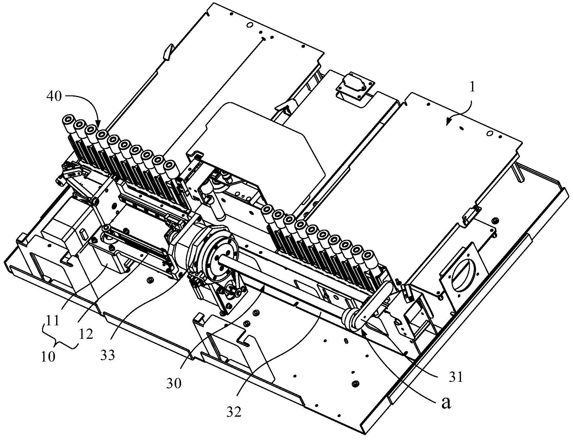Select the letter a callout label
pos(446,404)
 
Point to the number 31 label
pos(455,378)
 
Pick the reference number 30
pos(174,384)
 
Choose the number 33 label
pos(107,355)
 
